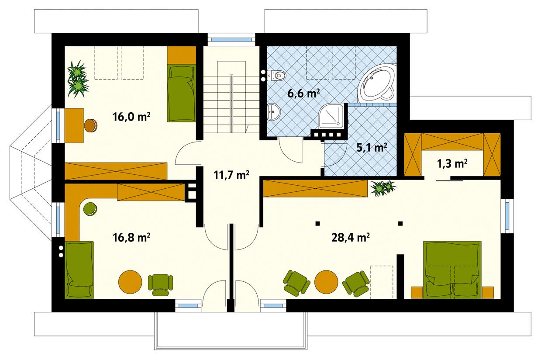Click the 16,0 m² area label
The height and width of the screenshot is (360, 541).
coord(131,117)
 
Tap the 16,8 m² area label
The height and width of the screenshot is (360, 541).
coord(131,237)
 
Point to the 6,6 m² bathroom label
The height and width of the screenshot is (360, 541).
coord(303,93)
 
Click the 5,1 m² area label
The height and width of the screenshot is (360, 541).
coord(372,147)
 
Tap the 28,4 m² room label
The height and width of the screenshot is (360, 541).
coord(351,237)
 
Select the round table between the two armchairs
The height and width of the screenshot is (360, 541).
coord(326,282)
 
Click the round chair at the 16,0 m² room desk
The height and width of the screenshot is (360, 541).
coord(91,126)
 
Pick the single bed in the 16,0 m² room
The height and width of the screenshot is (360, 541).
coord(180,92)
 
